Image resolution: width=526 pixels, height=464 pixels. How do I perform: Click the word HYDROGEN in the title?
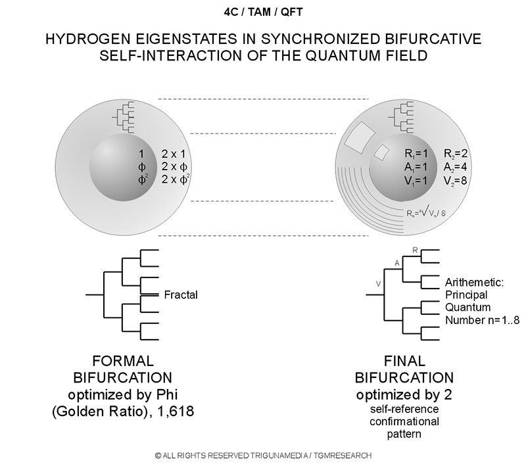pyautogui.click(x=88, y=39)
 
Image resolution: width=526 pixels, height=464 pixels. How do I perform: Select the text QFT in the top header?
pyautogui.click(x=291, y=12)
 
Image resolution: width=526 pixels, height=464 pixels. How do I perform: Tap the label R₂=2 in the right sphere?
pyautogui.click(x=456, y=154)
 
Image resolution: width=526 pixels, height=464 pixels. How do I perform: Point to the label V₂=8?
pyautogui.click(x=455, y=181)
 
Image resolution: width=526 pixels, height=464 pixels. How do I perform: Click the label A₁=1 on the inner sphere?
pyautogui.click(x=416, y=167)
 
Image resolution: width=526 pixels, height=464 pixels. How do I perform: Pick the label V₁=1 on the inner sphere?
pyautogui.click(x=416, y=181)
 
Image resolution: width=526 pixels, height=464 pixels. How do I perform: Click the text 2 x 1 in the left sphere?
pyautogui.click(x=174, y=154)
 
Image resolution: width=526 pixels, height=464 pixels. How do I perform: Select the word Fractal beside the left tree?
pyautogui.click(x=181, y=295)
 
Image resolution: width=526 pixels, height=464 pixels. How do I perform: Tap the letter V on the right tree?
pyautogui.click(x=379, y=284)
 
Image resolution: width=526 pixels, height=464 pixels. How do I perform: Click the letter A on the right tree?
pyautogui.click(x=397, y=263)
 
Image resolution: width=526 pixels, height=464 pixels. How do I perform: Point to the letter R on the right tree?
pyautogui.click(x=415, y=250)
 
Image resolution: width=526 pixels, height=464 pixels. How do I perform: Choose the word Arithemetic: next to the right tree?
pyautogui.click(x=474, y=283)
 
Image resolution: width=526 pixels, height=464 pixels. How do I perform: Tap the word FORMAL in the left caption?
pyautogui.click(x=123, y=361)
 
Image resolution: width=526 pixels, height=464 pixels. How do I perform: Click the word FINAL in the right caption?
pyautogui.click(x=404, y=361)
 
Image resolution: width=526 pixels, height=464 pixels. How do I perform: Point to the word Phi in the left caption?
pyautogui.click(x=167, y=394)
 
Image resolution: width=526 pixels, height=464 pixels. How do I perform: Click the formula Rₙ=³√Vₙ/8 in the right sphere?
pyautogui.click(x=426, y=212)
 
